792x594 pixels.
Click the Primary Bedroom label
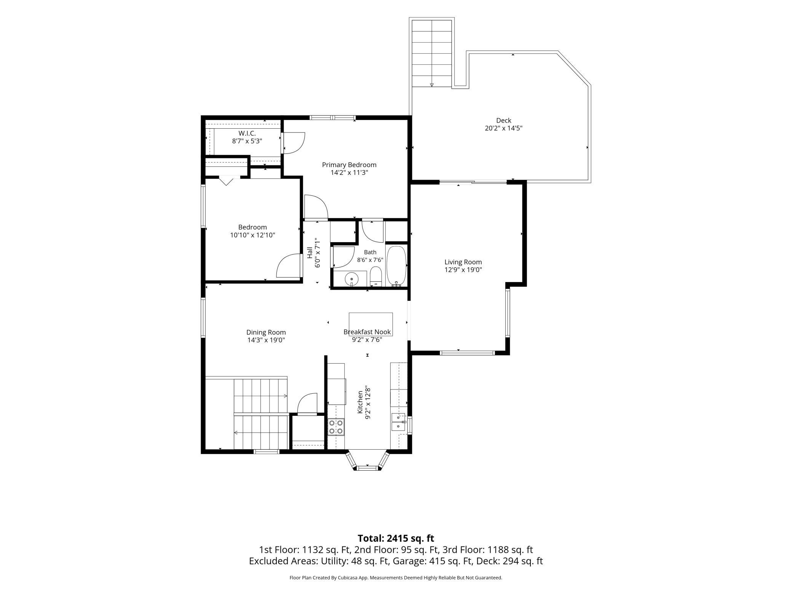click(349, 165)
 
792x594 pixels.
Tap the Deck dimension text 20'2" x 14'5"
click(503, 128)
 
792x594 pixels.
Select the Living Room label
click(463, 262)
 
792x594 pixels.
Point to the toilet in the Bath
click(376, 276)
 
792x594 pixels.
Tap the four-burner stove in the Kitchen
click(336, 427)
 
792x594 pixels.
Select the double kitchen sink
click(398, 422)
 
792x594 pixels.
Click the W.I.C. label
click(247, 133)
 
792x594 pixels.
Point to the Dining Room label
click(266, 332)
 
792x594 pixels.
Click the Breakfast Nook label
click(367, 332)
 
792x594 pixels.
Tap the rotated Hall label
click(310, 253)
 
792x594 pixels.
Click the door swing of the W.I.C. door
click(294, 143)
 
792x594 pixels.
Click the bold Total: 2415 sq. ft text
click(396, 538)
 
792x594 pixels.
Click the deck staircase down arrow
click(432, 85)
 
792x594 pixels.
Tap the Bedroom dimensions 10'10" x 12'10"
click(252, 235)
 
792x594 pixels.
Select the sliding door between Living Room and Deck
click(473, 182)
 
